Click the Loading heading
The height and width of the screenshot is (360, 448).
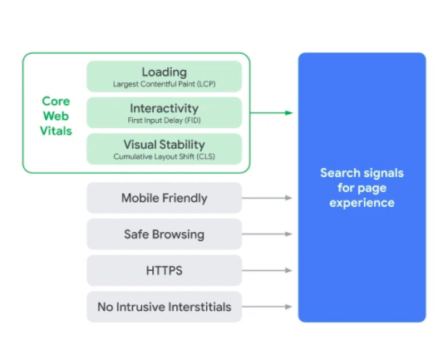point(165,72)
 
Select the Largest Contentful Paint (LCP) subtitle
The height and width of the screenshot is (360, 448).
point(165,84)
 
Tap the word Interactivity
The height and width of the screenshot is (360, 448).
point(165,108)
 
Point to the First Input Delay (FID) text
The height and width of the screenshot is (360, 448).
point(165,121)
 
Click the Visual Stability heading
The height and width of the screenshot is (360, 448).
point(165,145)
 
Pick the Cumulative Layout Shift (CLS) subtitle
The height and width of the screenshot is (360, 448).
point(165,156)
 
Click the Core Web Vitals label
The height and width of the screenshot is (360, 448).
point(56,116)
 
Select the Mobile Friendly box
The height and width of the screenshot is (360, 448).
point(165,198)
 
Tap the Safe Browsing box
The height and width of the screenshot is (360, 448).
point(165,234)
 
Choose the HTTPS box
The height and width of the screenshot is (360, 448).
point(165,270)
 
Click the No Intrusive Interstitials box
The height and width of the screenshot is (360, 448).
point(165,307)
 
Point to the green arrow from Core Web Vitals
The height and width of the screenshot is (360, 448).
point(272,113)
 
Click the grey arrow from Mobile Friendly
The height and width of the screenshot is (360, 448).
point(267,198)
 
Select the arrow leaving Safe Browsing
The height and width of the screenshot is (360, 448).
point(267,234)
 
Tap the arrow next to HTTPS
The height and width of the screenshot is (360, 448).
point(267,270)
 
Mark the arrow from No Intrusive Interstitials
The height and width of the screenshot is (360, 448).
point(267,307)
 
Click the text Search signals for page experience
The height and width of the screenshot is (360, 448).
point(362,188)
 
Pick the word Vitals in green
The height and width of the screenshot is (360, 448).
point(56,131)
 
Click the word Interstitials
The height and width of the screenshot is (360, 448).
point(199,307)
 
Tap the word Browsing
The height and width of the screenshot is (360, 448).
point(178,234)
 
